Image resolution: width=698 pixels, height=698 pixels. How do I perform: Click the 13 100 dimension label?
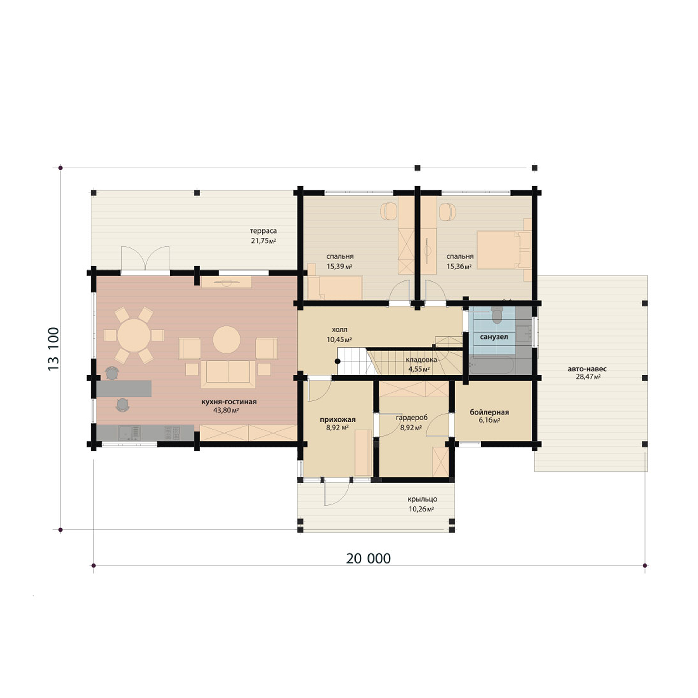(x=54, y=349)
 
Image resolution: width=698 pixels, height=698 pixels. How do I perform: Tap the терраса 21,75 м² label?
(x=263, y=236)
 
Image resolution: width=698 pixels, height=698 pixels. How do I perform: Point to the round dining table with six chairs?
(x=134, y=335)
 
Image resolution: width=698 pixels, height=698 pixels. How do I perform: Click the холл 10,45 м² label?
(x=339, y=334)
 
